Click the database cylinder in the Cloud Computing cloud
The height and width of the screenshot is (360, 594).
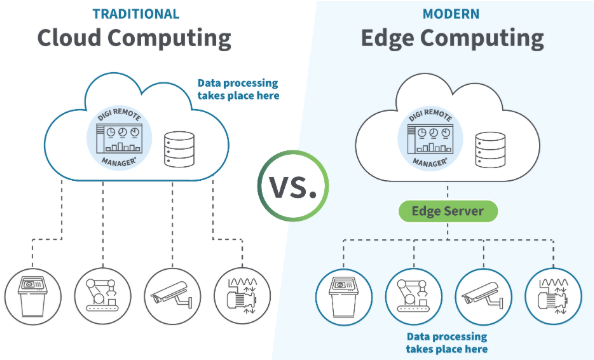pos(179,149)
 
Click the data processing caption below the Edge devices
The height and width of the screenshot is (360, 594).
pos(447,344)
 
